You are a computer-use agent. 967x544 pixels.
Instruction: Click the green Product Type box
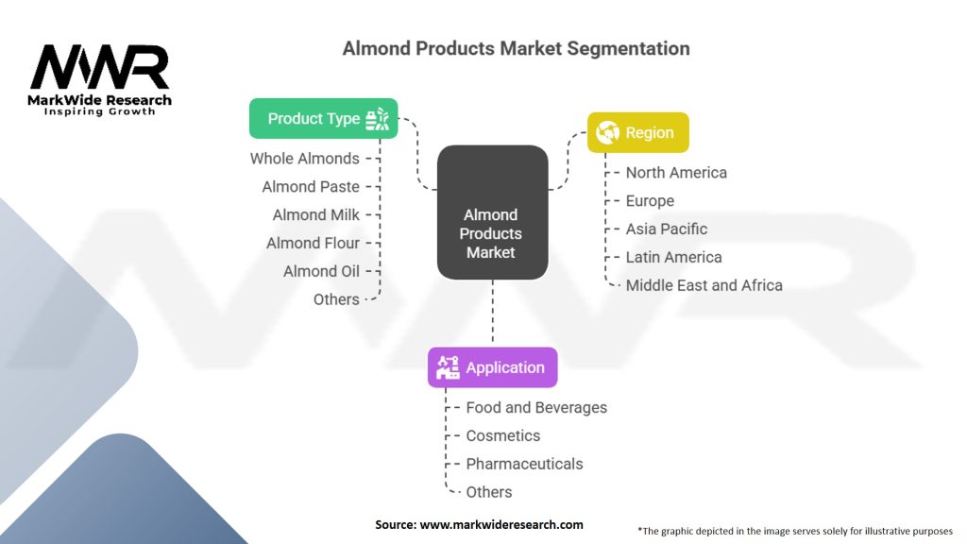tap(323, 118)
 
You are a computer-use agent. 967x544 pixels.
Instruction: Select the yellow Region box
tap(637, 132)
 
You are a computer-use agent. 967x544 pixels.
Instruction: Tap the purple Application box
tap(492, 367)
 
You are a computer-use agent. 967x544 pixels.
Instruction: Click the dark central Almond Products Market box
tap(492, 212)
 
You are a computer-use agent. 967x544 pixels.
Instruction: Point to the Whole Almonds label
tap(305, 159)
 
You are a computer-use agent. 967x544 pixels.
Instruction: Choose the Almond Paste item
tap(311, 187)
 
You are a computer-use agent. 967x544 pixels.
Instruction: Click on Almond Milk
tap(315, 214)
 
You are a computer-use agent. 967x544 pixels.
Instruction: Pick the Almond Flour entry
tap(313, 243)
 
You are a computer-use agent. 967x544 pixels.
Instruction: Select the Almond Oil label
tap(321, 271)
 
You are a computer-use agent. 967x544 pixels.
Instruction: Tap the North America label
tap(676, 173)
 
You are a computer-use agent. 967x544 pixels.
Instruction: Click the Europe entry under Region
tap(650, 201)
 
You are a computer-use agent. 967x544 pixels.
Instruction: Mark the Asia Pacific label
tap(667, 229)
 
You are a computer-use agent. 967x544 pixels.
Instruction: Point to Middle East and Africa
tap(704, 285)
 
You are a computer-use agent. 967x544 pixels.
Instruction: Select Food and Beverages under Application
tap(536, 408)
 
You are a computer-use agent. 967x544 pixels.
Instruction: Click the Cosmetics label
tap(503, 436)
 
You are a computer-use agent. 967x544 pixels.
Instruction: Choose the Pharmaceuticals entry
tap(524, 464)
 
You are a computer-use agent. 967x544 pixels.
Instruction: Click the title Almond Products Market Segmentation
tap(517, 48)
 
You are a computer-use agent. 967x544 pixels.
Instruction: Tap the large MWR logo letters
tap(100, 67)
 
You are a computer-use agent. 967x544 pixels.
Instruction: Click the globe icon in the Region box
tap(607, 132)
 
